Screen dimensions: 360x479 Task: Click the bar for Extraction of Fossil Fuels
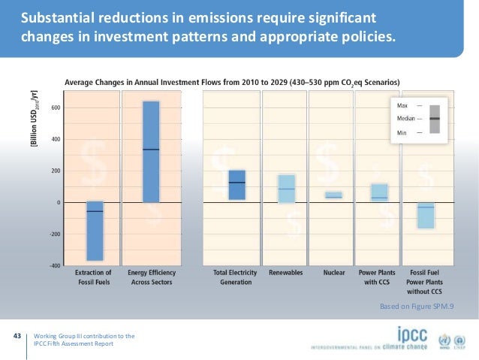click(95, 231)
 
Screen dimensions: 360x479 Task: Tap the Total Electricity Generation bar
click(236, 185)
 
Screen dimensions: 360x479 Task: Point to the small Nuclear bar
click(333, 195)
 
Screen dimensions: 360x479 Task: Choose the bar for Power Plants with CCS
click(379, 192)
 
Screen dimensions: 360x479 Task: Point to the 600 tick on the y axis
click(56, 108)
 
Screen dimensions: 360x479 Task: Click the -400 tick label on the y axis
click(54, 266)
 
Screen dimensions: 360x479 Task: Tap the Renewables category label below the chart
click(286, 272)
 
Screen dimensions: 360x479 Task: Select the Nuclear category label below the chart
click(333, 272)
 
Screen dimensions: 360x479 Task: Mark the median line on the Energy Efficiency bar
click(151, 150)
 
